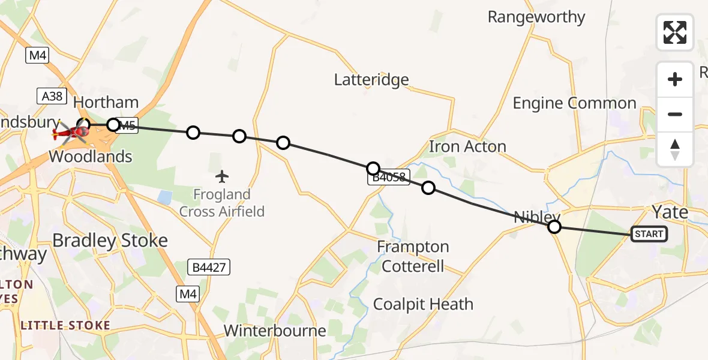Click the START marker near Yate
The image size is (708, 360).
click(649, 234)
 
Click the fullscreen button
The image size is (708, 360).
click(675, 32)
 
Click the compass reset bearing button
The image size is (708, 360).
click(675, 149)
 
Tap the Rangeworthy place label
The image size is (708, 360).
click(536, 17)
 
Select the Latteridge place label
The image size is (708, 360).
click(371, 79)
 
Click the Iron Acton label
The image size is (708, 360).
click(467, 146)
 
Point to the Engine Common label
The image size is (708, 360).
click(574, 103)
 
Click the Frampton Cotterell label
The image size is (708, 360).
click(413, 256)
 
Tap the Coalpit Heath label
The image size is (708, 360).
click(423, 304)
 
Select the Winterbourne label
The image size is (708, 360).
click(275, 330)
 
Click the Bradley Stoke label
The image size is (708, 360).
click(110, 241)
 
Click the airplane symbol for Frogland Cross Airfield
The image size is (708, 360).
click(222, 176)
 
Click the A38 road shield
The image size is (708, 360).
click(52, 95)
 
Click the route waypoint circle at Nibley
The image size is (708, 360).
click(554, 227)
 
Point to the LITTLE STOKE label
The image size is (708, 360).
click(65, 326)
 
